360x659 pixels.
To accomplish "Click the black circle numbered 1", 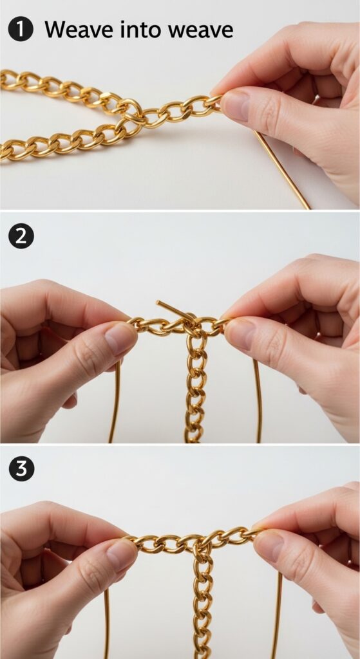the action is (x=21, y=28).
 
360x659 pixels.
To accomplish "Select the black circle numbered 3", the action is (x=21, y=468).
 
